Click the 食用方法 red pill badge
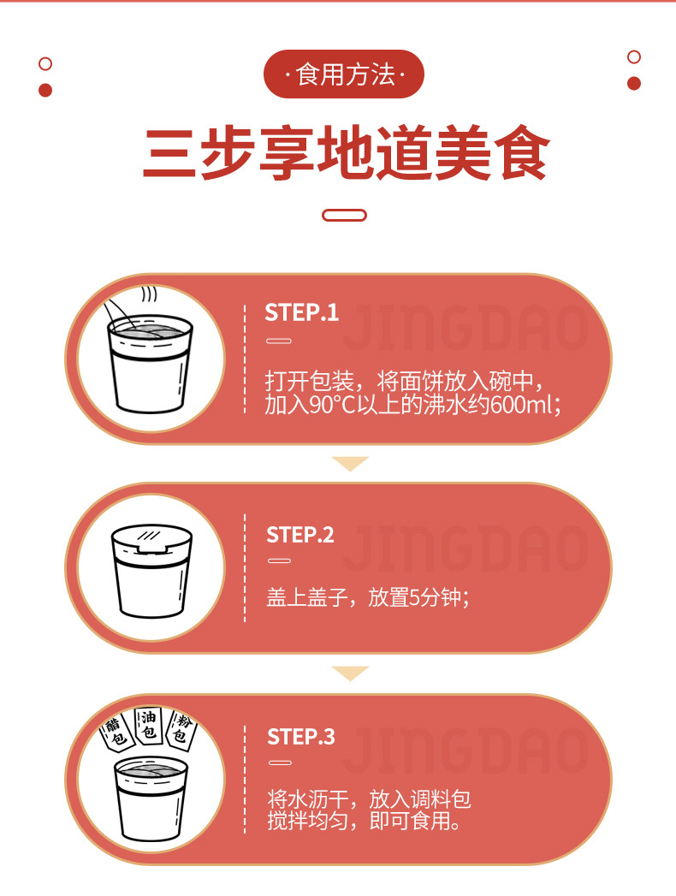343,74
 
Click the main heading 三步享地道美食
347,154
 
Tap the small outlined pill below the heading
344,216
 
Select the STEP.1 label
302,312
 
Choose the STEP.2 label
300,535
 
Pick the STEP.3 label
301,737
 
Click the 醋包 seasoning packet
116,733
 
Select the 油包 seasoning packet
148,725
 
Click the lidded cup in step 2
151,571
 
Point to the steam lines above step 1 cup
149,294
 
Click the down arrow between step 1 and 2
350,464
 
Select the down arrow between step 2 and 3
350,673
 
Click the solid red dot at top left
45,91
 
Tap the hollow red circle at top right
634,56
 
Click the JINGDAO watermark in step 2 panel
465,549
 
